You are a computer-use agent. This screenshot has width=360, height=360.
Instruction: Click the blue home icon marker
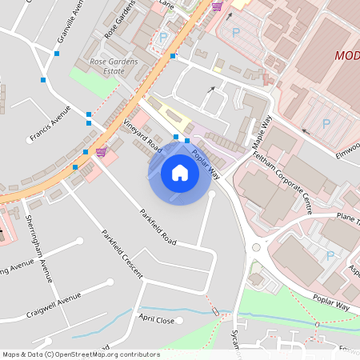[180, 172]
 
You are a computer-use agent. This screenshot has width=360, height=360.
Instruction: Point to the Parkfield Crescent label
[122, 254]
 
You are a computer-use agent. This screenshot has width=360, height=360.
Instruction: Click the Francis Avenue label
[50, 127]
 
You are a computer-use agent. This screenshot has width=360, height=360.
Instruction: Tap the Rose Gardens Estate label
[114, 66]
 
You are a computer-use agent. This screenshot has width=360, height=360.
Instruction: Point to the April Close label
[156, 319]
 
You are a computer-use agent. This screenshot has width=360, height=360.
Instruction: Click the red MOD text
[347, 56]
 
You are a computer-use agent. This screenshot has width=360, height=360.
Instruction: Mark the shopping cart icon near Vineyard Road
[101, 151]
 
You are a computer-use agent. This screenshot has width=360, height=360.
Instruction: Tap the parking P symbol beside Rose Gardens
[164, 37]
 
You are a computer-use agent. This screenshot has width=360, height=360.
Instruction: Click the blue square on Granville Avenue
[56, 54]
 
